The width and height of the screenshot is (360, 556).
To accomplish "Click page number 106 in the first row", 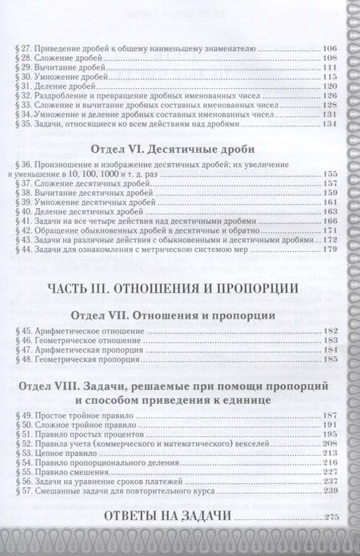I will pyautogui.click(x=329, y=50).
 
